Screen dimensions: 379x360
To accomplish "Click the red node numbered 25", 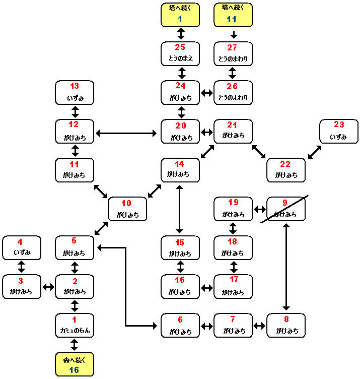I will pos(180,53).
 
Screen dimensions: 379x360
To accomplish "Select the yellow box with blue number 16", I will pos(75,364).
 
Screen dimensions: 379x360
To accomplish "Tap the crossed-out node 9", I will pos(286,209).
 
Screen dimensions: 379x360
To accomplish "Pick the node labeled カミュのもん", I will pos(75,325).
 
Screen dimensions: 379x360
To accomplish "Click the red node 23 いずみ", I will pos(339,131).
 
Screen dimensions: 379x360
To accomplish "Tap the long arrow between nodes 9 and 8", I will pos(286,267).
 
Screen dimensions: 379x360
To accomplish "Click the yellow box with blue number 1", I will pos(180,15).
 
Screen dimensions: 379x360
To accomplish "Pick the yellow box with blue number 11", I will pos(233,15).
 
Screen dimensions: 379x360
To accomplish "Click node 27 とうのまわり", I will pos(233,53).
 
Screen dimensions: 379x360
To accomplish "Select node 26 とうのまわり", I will pos(233,92).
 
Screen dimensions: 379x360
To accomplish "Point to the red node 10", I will pos(127,209).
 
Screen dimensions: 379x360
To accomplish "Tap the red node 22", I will pos(286,170).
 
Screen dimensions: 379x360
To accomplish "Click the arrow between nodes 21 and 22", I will pos(259,151).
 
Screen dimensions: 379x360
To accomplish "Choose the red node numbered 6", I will pos(180,325).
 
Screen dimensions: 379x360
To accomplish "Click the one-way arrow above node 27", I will pos(233,35).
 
